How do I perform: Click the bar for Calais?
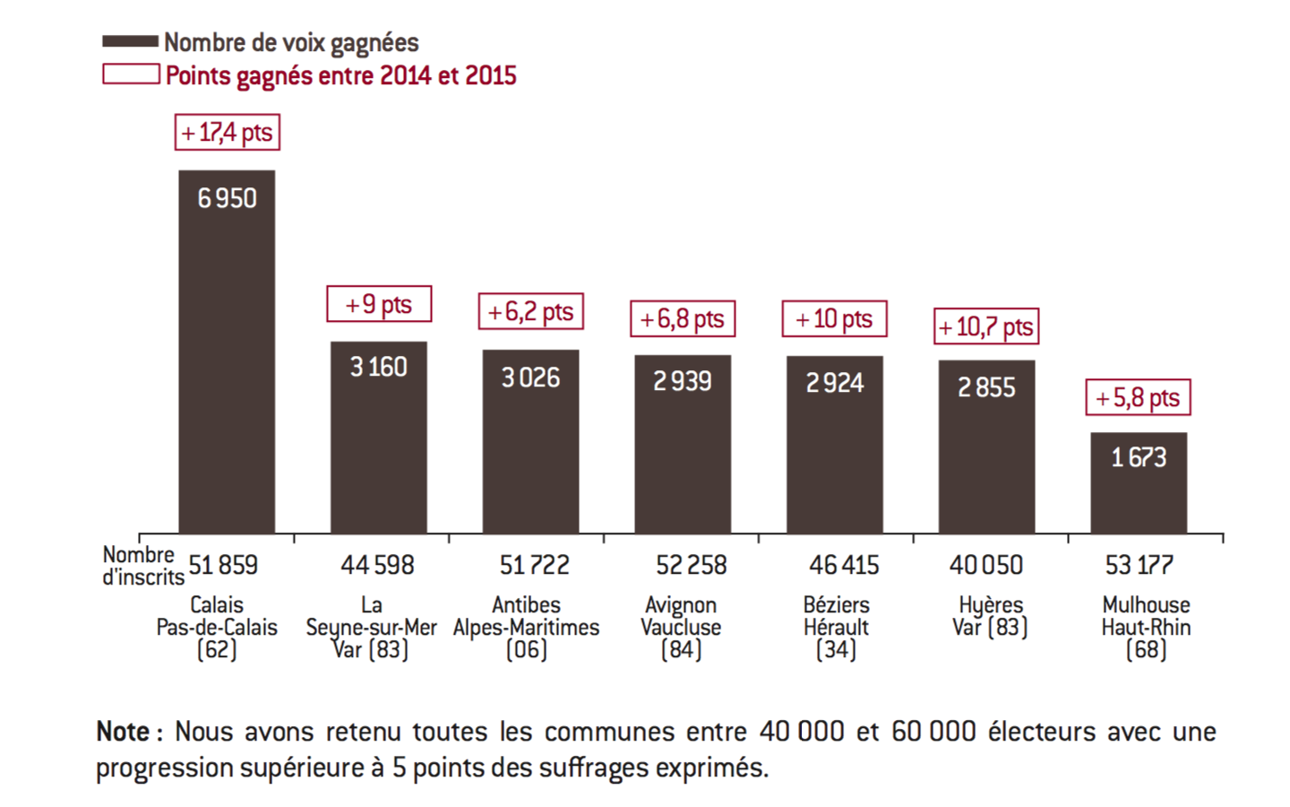(x=227, y=359)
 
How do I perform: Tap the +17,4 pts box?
(x=228, y=133)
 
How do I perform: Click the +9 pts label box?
(x=379, y=304)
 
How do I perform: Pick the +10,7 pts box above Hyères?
(x=986, y=326)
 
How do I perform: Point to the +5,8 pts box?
(x=1139, y=397)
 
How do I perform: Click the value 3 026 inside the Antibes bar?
(x=530, y=377)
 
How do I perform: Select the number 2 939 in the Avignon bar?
(x=683, y=381)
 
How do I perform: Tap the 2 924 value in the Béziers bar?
(x=835, y=383)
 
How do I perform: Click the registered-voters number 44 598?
(x=377, y=565)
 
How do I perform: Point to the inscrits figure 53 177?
(x=1139, y=565)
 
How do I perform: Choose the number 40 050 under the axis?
(x=986, y=565)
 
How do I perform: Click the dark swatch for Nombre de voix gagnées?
(x=131, y=41)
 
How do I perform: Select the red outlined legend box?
(x=131, y=74)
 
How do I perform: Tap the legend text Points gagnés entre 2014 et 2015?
(x=341, y=75)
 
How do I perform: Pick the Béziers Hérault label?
(x=836, y=616)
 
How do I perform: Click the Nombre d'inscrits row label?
(x=142, y=566)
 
